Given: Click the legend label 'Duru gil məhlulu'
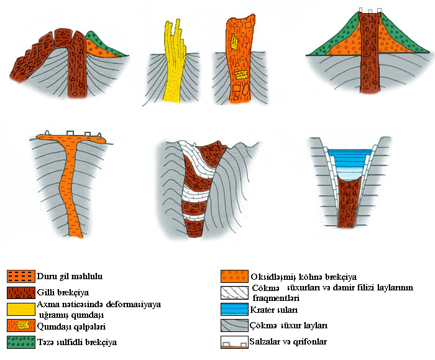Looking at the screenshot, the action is pos(70,277).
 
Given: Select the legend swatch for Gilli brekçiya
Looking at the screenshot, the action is pos(21,293).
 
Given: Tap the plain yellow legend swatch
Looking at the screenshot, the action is pos(21,309).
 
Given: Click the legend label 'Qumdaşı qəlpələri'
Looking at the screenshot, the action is pos(71,326).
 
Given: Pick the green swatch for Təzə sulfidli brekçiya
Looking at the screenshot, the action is pos(21,342).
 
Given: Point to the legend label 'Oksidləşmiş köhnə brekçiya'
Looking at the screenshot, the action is pos(303,277).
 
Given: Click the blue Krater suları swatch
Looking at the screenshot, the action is pos(234,309).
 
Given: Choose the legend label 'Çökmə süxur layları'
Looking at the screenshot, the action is pos(288,325).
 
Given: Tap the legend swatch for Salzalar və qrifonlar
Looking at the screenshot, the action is pos(234,342).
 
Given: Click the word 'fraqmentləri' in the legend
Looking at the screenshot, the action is pos(276,298).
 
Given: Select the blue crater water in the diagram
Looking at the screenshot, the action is pos(349,164).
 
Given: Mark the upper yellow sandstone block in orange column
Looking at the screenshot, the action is pos(235,42).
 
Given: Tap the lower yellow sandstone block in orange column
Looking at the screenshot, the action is pos(241,75).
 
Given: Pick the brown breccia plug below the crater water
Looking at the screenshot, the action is pos(348,203).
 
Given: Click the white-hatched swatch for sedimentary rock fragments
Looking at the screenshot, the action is pos(234,293).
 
